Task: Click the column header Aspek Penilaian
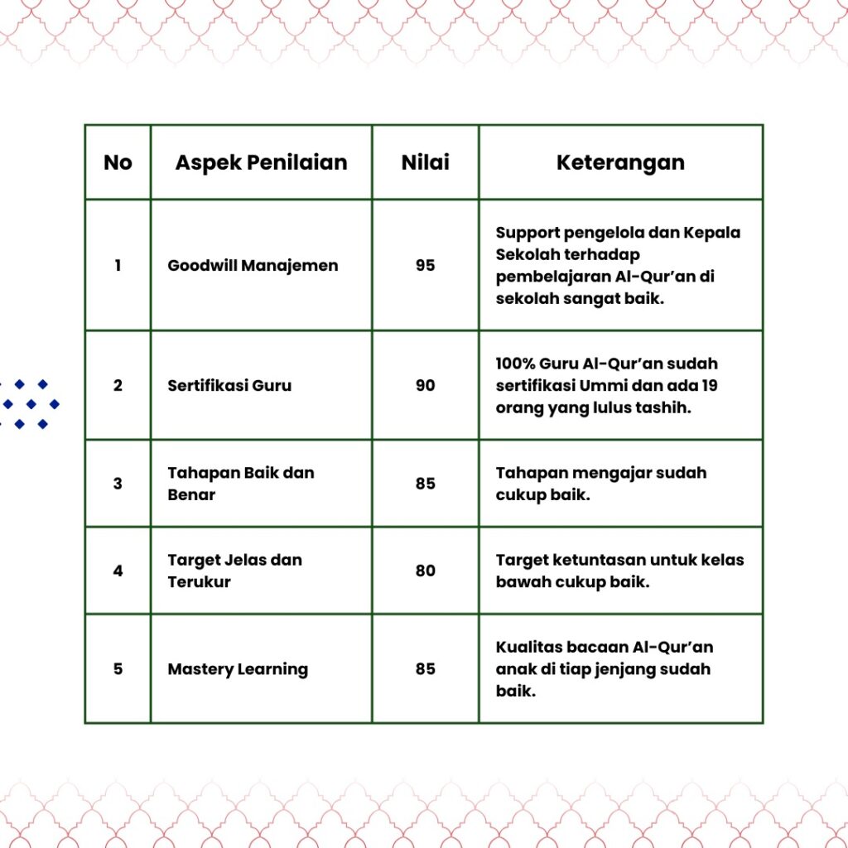coord(261,162)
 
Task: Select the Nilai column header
coord(426,162)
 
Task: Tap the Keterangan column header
coord(620,162)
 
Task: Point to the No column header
coord(118,162)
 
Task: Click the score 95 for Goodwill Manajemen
coord(426,266)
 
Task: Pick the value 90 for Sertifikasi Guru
coord(426,385)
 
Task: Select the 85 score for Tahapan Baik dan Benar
coord(426,484)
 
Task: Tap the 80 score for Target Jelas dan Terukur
coord(426,571)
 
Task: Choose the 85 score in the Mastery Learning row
coord(426,668)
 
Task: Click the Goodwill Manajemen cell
coord(253,266)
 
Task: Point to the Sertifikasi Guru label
coord(229,385)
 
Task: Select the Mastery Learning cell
coord(238,668)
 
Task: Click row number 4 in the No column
coord(118,571)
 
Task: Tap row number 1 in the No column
coord(118,266)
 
